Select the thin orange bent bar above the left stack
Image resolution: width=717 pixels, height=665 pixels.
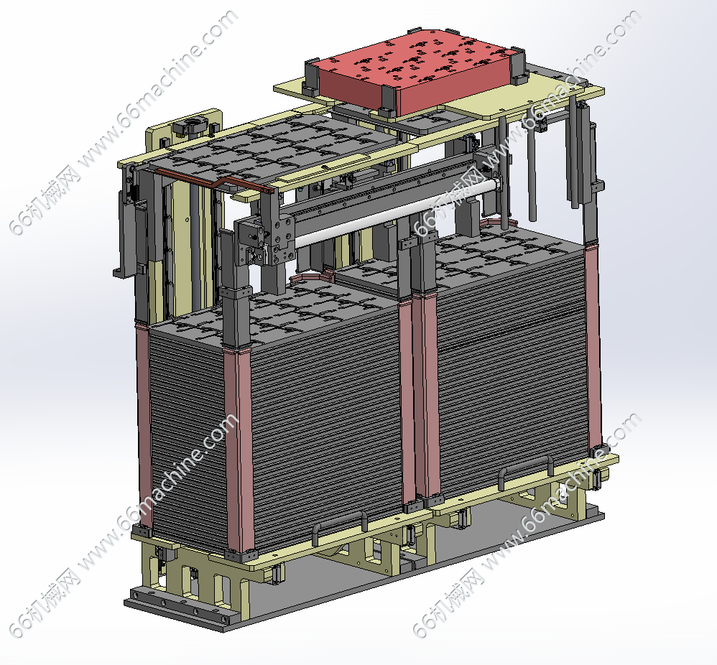tap(215, 180)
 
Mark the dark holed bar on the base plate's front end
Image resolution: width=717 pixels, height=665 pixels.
tap(178, 605)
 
